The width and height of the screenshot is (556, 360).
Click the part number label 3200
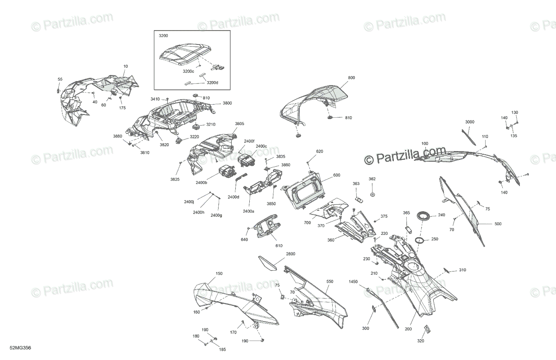163,36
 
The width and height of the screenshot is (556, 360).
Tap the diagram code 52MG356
20,348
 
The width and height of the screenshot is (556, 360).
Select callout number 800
352,78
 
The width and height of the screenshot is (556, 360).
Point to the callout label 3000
470,122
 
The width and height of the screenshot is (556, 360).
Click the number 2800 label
291,254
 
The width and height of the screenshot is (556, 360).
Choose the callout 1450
353,282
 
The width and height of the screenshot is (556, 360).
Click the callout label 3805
240,124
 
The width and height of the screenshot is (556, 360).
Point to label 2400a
248,211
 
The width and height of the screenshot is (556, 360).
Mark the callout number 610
279,246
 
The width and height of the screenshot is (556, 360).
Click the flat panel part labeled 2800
267,263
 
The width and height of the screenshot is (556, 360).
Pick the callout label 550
330,282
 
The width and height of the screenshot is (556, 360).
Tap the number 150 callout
219,274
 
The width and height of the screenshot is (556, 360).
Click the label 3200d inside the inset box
213,82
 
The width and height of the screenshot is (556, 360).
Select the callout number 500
498,224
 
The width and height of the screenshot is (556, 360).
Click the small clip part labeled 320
427,329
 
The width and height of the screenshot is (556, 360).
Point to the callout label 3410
155,99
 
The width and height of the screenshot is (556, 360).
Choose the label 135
514,136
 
